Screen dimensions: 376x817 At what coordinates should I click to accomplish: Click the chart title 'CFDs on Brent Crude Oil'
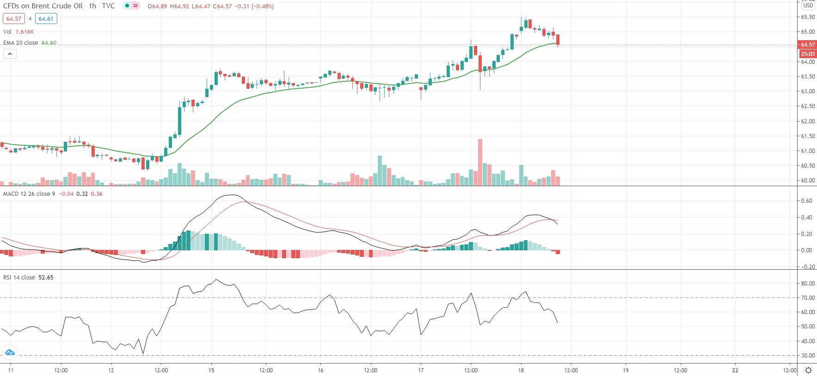click(43, 6)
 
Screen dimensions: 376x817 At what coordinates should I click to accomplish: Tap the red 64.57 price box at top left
click(13, 19)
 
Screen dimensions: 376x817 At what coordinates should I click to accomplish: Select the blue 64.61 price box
click(46, 19)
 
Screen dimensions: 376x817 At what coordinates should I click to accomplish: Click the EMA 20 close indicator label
click(21, 43)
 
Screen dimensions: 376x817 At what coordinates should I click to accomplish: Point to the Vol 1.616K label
click(18, 32)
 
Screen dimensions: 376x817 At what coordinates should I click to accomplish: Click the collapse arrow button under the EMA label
click(10, 54)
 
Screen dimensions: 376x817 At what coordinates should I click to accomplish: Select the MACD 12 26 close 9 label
click(29, 194)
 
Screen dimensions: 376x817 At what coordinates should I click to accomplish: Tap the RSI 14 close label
click(19, 278)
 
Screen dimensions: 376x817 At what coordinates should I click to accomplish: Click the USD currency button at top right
click(808, 6)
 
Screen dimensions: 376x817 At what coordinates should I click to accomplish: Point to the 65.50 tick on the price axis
click(808, 17)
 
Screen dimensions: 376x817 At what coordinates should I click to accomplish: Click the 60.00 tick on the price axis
click(808, 181)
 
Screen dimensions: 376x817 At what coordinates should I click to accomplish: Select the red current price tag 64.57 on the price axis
click(808, 45)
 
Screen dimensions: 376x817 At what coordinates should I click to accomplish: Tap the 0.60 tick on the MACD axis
click(806, 201)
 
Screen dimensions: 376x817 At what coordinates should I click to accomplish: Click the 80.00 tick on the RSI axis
click(808, 284)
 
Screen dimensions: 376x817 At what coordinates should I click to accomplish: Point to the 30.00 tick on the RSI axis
click(808, 356)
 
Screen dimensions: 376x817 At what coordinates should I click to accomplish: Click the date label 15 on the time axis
click(211, 370)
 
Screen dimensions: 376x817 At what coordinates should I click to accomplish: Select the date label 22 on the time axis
click(735, 370)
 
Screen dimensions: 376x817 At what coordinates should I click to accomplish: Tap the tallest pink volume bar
click(480, 162)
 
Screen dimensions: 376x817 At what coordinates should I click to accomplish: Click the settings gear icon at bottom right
click(808, 370)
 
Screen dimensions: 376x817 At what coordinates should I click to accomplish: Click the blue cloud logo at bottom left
click(10, 353)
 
